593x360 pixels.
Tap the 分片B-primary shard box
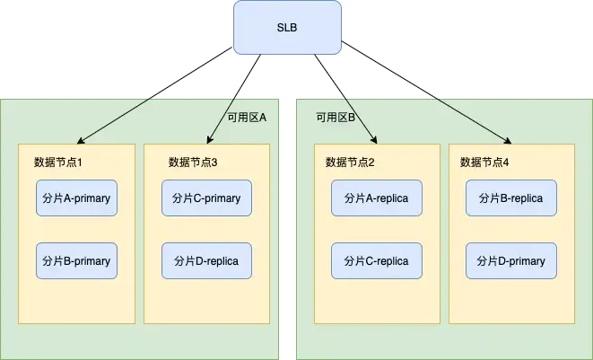[x=76, y=261]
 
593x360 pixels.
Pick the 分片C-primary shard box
[x=206, y=198]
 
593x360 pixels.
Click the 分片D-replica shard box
[x=206, y=260]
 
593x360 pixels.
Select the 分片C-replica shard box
[x=376, y=261]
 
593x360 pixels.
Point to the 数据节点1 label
[x=57, y=162]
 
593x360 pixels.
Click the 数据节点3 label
[x=192, y=162]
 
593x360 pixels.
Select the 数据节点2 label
[x=349, y=162]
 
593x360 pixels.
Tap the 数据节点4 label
[x=484, y=162]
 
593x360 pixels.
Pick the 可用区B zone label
[x=336, y=117]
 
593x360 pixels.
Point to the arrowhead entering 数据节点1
[x=81, y=142]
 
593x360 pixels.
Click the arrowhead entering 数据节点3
[x=210, y=141]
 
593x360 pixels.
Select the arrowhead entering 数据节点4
[x=509, y=141]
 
